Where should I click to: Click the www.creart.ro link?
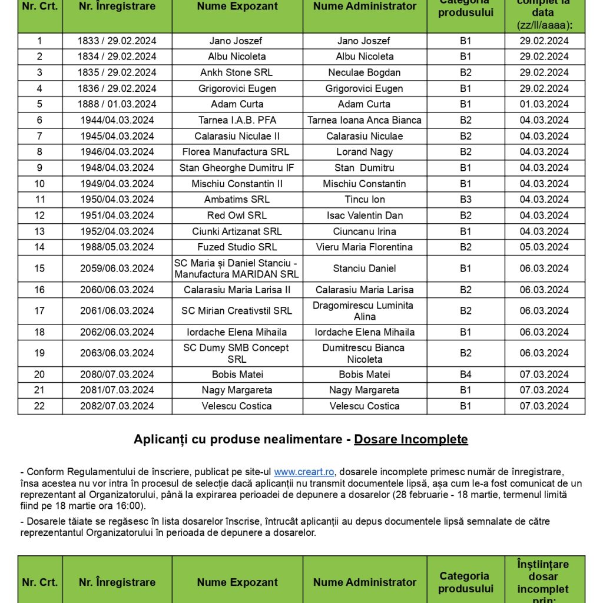304,472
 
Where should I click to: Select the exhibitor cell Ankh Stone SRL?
237,72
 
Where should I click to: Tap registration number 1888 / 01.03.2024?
117,104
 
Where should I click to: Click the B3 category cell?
465,200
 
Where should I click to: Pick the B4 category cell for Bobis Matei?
465,375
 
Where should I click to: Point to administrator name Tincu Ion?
365,200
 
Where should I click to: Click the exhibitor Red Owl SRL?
237,216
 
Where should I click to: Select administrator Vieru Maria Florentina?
365,247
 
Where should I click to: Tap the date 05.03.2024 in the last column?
544,247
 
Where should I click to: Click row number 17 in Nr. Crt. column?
39,311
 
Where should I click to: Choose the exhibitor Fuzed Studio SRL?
237,247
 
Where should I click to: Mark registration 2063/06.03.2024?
117,353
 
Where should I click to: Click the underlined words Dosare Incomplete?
411,439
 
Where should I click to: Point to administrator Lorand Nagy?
365,152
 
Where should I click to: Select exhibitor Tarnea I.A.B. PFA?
237,120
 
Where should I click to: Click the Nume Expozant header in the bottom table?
237,582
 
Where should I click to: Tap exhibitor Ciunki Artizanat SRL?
237,231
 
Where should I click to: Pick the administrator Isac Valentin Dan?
365,216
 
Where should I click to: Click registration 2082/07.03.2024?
117,406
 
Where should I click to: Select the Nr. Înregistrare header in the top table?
117,7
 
